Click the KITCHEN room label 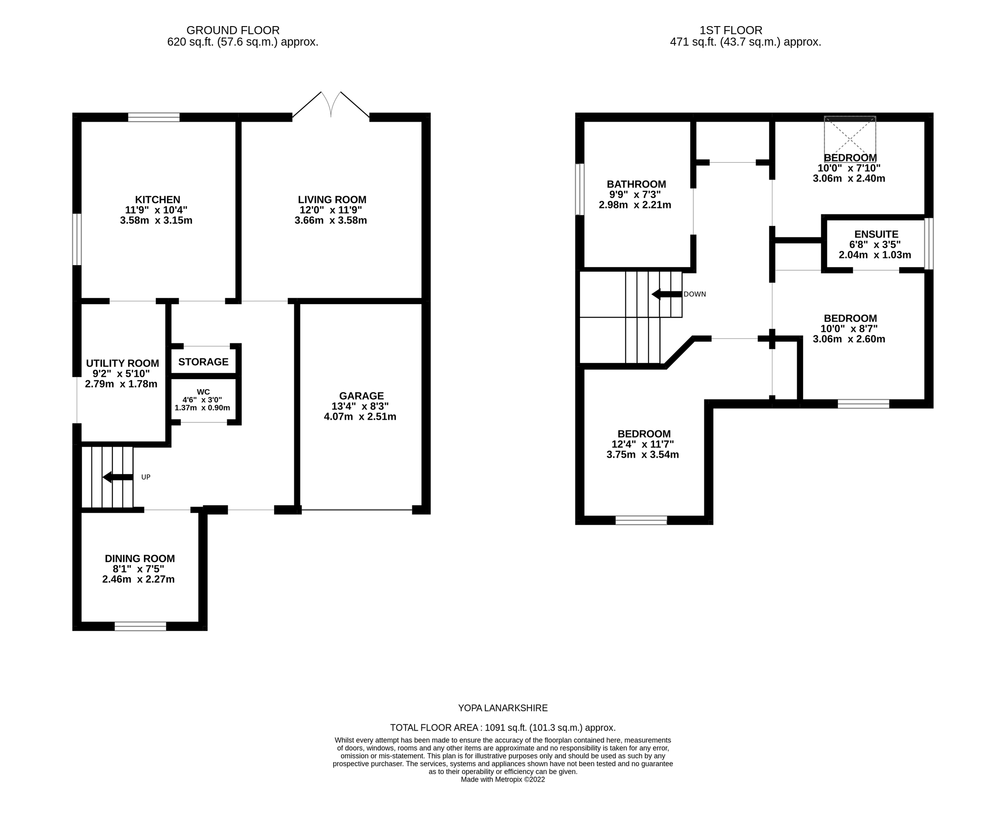(x=157, y=200)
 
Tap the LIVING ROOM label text (x=332, y=200)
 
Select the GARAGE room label (x=361, y=396)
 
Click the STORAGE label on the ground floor (x=203, y=362)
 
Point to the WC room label (x=203, y=391)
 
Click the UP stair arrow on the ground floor (x=117, y=477)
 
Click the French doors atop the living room (x=331, y=105)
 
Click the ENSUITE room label (x=876, y=234)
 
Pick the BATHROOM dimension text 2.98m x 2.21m (x=635, y=205)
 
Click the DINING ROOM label (x=140, y=558)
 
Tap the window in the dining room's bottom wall (x=140, y=626)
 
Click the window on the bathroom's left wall (x=580, y=189)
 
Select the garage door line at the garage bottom (x=357, y=510)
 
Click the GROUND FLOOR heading (x=233, y=30)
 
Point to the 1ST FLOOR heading (x=731, y=30)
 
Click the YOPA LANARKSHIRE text (x=503, y=708)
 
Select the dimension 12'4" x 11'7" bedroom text (x=643, y=444)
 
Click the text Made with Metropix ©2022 (x=503, y=780)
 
